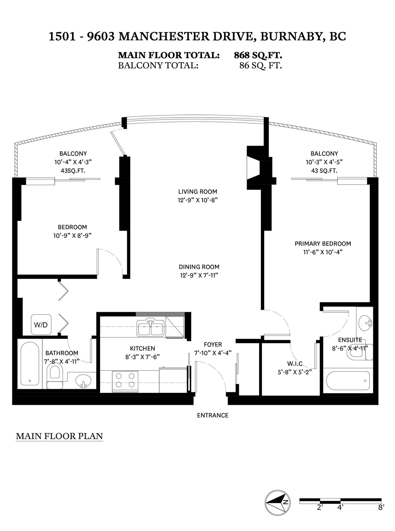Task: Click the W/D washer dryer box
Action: [x=41, y=324]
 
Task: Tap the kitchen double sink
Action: [x=151, y=328]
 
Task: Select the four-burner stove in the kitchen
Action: [x=124, y=381]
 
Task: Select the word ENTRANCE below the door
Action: [x=213, y=415]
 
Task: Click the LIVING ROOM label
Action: [x=197, y=192]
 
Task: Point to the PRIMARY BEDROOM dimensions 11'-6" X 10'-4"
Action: [x=323, y=252]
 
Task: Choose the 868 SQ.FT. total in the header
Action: [x=258, y=56]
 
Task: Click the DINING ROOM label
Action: [x=199, y=267]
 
